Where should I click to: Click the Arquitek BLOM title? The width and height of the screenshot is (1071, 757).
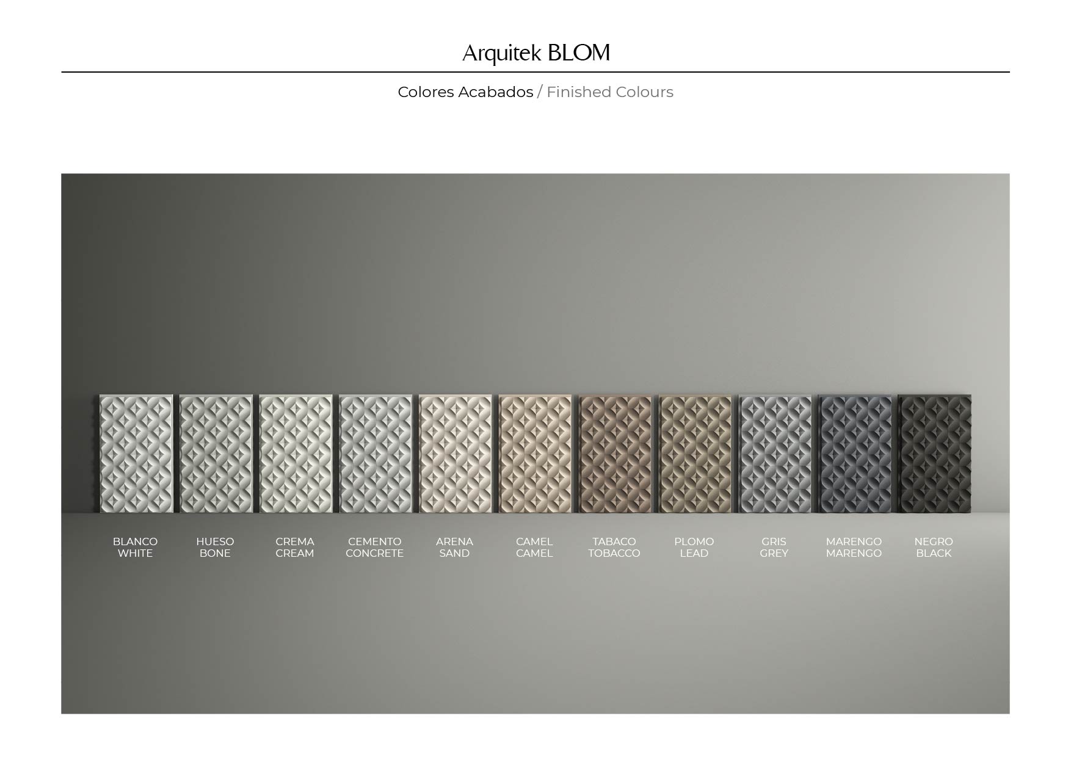pos(535,53)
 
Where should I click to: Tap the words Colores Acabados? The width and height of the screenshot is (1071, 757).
pos(465,92)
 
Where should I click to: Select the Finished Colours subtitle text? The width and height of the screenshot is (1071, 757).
pos(610,92)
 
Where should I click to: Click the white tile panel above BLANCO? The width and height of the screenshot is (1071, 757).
pos(136,454)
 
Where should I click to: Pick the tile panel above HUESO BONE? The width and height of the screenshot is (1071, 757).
pos(216,454)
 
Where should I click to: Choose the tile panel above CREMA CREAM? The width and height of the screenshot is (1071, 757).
pos(296,454)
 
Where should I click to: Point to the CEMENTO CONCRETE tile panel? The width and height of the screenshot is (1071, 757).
pos(376,454)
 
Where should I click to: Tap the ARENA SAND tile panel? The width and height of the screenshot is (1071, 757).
pos(456,454)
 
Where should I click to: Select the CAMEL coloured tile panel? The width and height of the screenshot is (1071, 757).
pos(535,454)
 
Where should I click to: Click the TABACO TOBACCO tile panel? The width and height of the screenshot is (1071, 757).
pos(615,454)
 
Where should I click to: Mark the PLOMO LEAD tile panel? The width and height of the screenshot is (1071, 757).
pos(695,454)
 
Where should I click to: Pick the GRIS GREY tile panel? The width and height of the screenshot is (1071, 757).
pos(775,454)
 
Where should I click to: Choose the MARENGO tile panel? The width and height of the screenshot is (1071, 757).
pos(855,454)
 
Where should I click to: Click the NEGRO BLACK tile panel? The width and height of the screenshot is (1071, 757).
pos(935,454)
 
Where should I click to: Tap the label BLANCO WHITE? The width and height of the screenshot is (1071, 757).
pos(135,548)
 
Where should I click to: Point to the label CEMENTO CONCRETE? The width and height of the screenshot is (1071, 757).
pos(374,548)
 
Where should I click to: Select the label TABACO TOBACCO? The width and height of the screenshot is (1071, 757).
pos(614,548)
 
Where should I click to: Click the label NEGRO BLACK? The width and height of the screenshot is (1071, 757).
pos(934,548)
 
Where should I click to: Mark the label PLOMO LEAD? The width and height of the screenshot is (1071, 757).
pos(694,548)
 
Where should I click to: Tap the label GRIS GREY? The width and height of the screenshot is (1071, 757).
pos(774,548)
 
